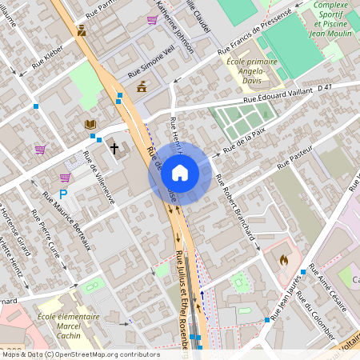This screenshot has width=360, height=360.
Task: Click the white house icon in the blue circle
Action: click(180, 172)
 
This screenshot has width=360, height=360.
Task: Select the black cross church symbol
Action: click(114, 148)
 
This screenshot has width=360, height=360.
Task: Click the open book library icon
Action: click(90, 124)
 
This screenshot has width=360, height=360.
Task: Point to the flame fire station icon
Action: click(282, 259)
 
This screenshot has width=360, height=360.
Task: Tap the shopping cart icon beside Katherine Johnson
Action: click(152, 21)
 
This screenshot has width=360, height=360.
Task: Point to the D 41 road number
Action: click(324, 86)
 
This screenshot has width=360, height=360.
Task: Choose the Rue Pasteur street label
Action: click(293, 165)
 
